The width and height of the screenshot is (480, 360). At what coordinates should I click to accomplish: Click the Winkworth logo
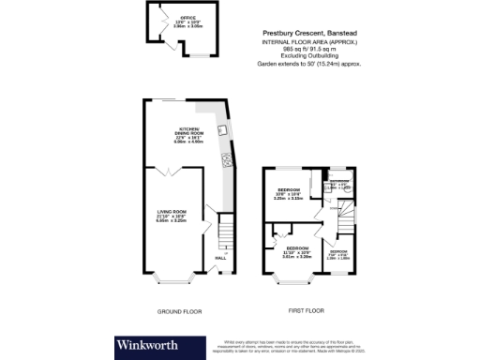pos(156,343)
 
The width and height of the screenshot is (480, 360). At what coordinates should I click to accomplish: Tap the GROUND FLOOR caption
pos(179,309)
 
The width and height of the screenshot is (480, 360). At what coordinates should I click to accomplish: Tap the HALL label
pos(221,258)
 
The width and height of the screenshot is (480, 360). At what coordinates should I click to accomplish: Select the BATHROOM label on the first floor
pos(338,182)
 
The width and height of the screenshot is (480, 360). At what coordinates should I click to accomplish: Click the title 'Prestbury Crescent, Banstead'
pos(309,33)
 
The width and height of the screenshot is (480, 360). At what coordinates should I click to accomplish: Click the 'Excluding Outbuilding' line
pos(309,56)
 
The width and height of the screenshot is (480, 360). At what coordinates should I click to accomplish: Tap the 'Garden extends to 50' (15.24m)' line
pos(309,64)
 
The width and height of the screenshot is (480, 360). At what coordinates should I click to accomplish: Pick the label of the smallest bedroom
pos(337,253)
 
